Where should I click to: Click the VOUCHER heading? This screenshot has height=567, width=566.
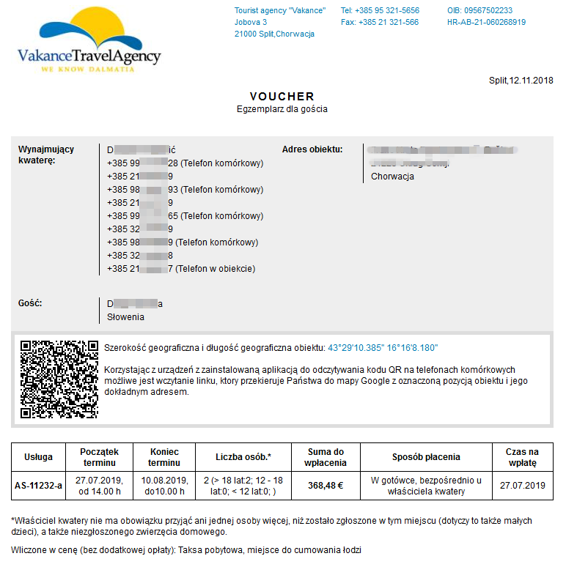pyautogui.click(x=282, y=96)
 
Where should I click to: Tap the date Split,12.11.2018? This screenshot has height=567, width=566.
pyautogui.click(x=521, y=81)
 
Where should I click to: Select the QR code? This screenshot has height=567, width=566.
pyautogui.click(x=59, y=379)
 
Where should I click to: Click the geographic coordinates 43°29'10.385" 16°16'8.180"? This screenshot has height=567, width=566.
pyautogui.click(x=383, y=347)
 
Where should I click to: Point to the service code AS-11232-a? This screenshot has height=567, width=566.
pyautogui.click(x=39, y=485)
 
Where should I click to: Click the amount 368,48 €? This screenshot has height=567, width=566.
pyautogui.click(x=326, y=485)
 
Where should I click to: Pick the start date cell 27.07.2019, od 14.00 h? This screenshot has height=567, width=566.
pyautogui.click(x=99, y=485)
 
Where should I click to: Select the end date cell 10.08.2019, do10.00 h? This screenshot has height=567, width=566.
pyautogui.click(x=164, y=485)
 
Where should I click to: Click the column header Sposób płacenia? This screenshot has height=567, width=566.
pyautogui.click(x=426, y=457)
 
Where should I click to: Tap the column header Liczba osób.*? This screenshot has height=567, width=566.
pyautogui.click(x=243, y=457)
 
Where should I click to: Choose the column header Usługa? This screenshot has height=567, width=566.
pyautogui.click(x=39, y=457)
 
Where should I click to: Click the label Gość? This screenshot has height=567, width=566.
pyautogui.click(x=30, y=303)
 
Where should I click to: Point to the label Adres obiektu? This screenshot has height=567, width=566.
pyautogui.click(x=312, y=149)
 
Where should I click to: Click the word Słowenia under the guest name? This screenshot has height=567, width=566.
pyautogui.click(x=126, y=317)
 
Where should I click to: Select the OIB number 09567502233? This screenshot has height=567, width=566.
pyautogui.click(x=479, y=10)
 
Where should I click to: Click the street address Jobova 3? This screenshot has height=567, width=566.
pyautogui.click(x=251, y=22)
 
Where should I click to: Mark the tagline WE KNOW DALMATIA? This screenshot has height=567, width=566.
pyautogui.click(x=87, y=69)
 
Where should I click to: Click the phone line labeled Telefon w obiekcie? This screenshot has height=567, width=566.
pyautogui.click(x=181, y=269)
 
